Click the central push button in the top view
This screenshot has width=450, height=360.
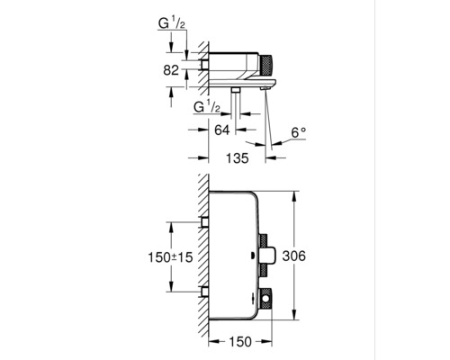pyautogui.click(x=268, y=256)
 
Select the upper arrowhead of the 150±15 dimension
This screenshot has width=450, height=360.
pyautogui.click(x=169, y=222)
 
